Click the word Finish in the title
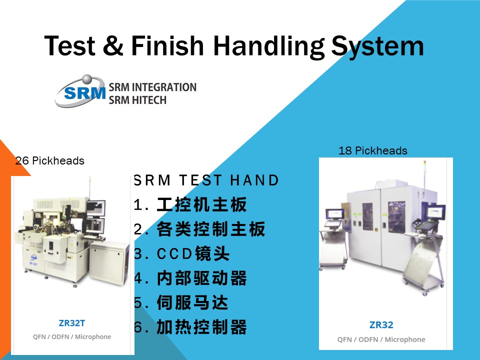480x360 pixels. (167, 45)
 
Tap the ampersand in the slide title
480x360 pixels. (113, 45)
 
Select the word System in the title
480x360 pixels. (377, 46)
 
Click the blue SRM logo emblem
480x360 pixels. (80, 90)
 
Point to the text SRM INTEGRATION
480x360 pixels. (152, 87)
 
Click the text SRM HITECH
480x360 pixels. (137, 100)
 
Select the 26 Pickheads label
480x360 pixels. (50, 160)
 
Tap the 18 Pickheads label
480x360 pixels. (373, 150)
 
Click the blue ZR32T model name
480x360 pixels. (71, 323)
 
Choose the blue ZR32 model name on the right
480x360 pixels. (381, 325)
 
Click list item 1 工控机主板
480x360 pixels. (190, 204)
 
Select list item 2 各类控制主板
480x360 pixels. (199, 229)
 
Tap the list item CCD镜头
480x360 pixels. (182, 253)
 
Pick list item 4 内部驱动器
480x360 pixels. (190, 278)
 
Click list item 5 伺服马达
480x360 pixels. (181, 302)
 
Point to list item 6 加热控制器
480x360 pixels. (190, 327)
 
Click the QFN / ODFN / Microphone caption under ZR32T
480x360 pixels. (72, 336)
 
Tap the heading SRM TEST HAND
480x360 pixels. (206, 180)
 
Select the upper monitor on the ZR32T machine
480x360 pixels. (96, 208)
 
